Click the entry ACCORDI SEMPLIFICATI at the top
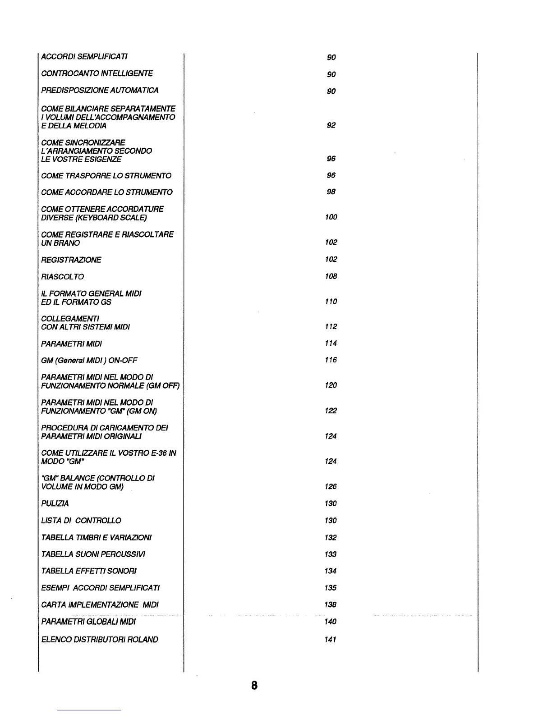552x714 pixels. (x=84, y=56)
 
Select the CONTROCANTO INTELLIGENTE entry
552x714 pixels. (x=97, y=73)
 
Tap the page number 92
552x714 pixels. (x=331, y=125)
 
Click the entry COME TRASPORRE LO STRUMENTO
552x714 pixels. (x=106, y=175)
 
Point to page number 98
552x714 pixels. (x=331, y=192)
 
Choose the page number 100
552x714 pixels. (x=331, y=217)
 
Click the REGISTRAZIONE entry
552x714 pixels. (x=71, y=260)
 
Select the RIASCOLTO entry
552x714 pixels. (x=62, y=276)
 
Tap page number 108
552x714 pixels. (x=331, y=276)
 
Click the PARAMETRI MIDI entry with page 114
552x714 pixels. (x=71, y=343)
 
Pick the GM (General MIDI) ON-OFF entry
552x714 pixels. (x=89, y=360)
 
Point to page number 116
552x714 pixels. (x=331, y=360)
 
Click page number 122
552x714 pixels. (x=331, y=411)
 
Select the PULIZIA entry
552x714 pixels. (x=55, y=503)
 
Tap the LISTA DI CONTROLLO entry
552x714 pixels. (x=81, y=520)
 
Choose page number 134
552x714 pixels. (x=331, y=571)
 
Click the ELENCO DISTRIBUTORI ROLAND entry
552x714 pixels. (x=100, y=639)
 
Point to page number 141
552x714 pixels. (x=331, y=640)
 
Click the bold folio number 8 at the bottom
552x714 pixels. (x=254, y=686)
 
